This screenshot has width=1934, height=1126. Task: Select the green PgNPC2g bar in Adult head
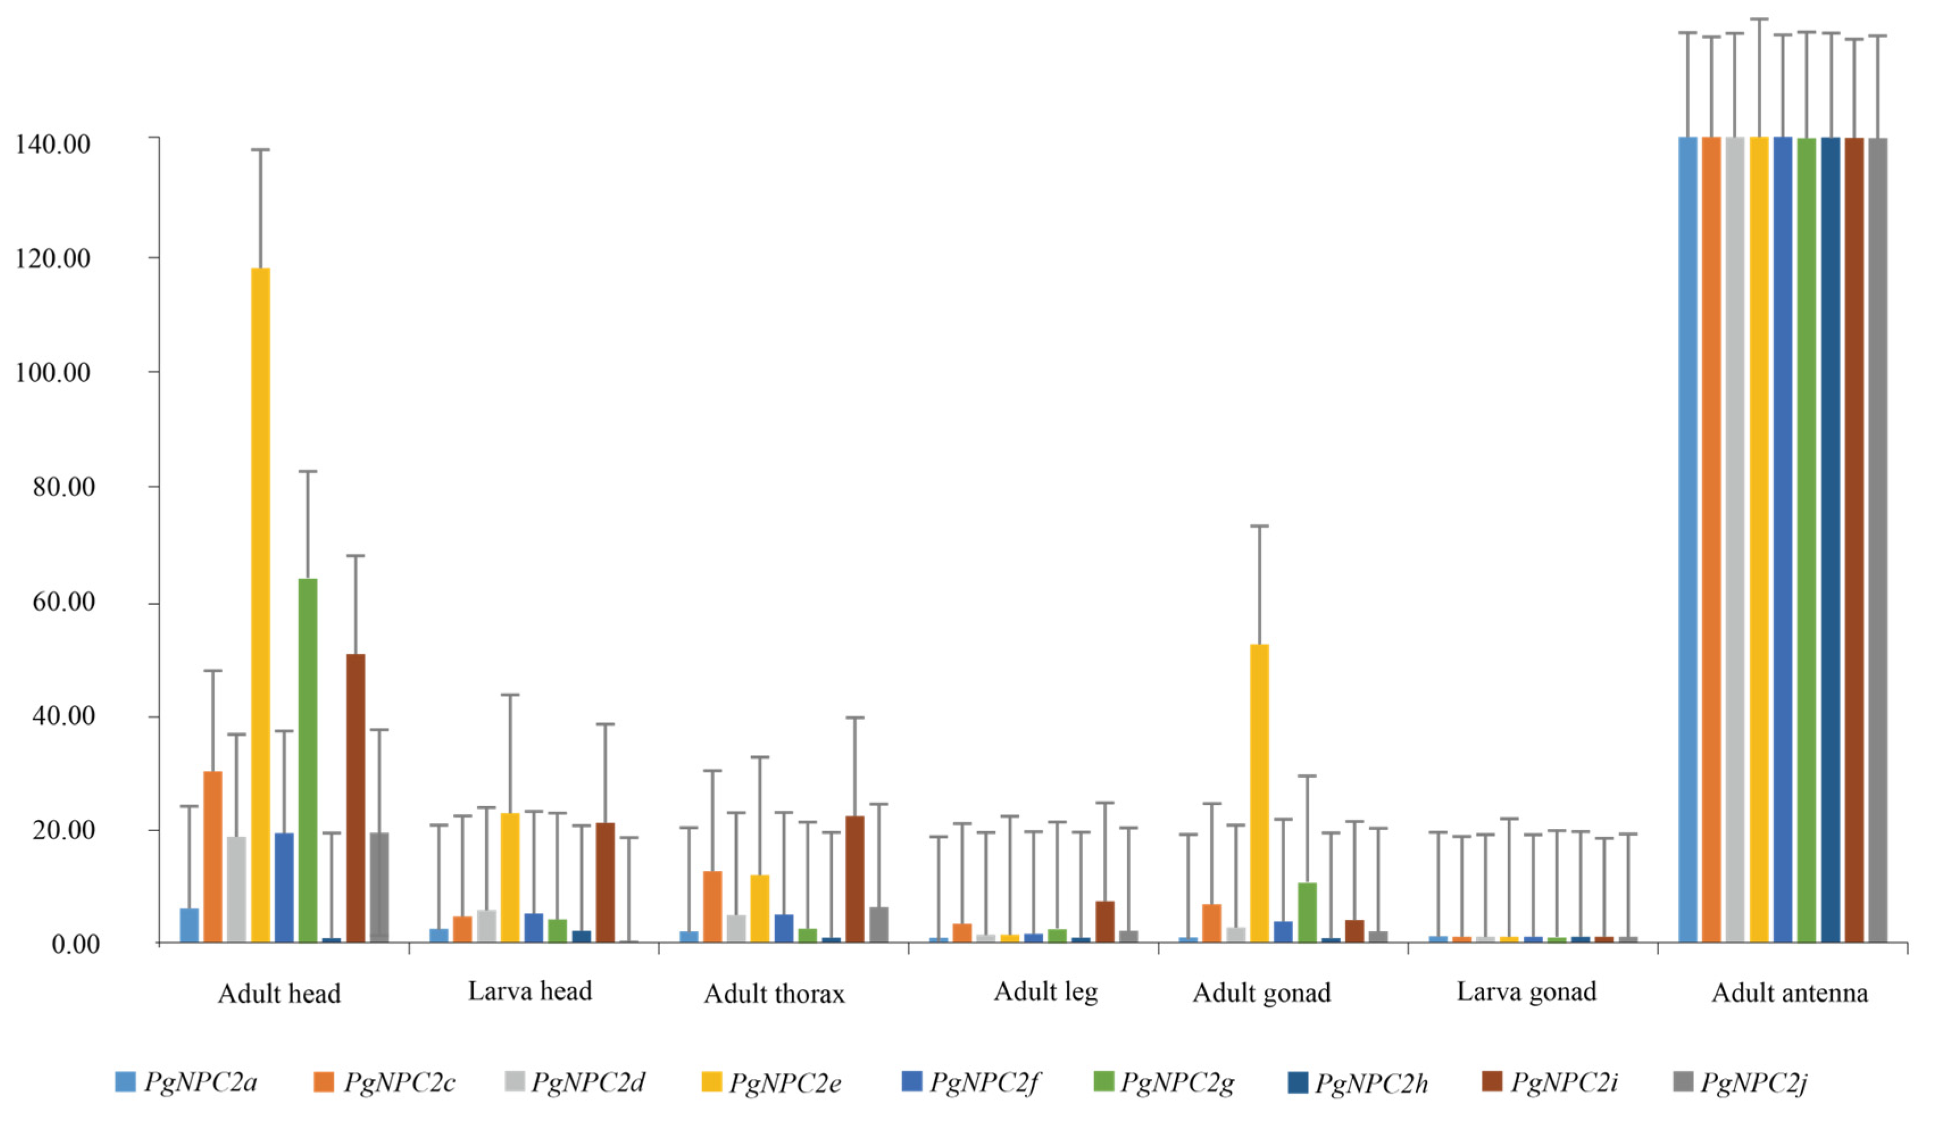point(308,760)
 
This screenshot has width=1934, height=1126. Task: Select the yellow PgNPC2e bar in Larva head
point(510,877)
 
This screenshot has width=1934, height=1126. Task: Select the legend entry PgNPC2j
point(1740,1083)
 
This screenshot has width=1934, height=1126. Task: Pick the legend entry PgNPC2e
point(772,1083)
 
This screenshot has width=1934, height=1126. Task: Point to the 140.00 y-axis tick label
point(53,144)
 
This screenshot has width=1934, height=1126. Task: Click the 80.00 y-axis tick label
point(63,487)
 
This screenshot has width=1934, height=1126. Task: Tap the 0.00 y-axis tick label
point(75,944)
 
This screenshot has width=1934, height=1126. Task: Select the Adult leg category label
point(1045,992)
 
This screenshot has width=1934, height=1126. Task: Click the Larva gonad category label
point(1525,992)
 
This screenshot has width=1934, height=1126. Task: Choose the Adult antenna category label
point(1789,993)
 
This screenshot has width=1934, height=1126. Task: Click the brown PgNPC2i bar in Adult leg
point(1104,921)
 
